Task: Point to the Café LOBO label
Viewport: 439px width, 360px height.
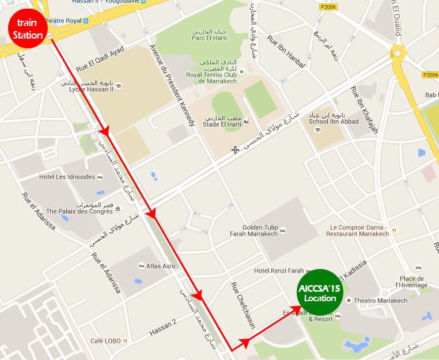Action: [105, 341]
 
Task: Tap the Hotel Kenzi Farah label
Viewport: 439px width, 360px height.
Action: [279, 271]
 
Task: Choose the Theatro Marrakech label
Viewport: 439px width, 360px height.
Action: [380, 301]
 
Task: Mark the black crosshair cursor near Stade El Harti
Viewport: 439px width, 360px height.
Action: [235, 150]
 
